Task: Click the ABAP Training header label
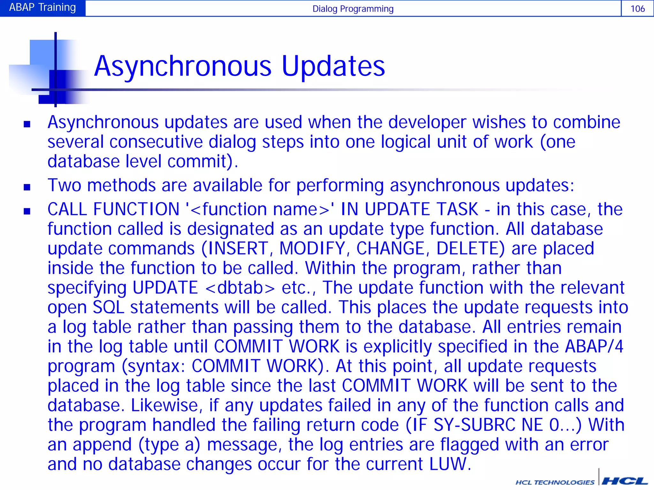pos(42,7)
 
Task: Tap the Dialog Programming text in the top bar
pos(353,9)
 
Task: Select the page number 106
pos(637,9)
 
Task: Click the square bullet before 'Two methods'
pos(27,187)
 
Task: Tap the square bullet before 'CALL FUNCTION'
pos(27,211)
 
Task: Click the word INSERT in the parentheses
pos(238,249)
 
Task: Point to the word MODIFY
pos(312,249)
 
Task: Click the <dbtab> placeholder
pos(240,288)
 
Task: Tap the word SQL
pos(108,308)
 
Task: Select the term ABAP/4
pos(594,346)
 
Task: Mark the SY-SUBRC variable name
pos(475,425)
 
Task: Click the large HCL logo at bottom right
pos(624,481)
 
